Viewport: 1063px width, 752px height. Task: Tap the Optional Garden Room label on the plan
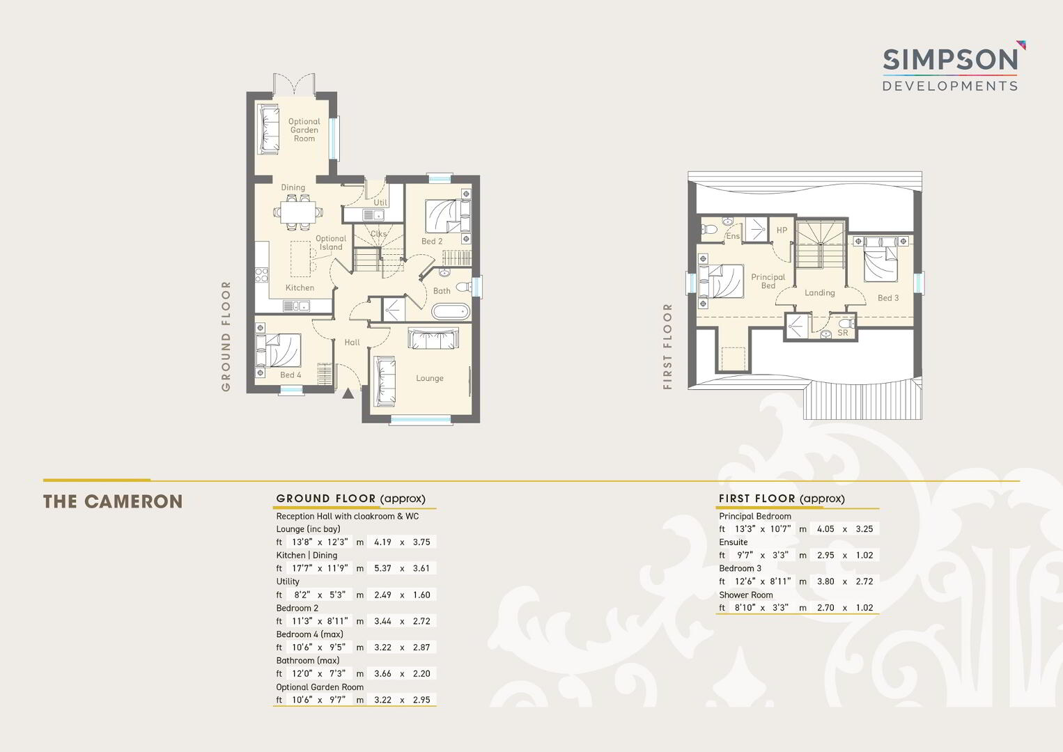[x=304, y=130]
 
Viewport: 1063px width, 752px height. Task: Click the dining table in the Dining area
[x=298, y=212]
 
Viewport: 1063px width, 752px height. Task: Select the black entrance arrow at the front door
[x=348, y=393]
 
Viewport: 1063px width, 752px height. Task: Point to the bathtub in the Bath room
[x=451, y=312]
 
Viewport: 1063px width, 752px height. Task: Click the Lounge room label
[x=430, y=378]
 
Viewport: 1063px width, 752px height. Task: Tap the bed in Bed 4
[x=279, y=350]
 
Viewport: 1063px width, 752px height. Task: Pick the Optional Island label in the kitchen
[x=331, y=243]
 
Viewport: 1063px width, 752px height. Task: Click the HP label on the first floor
[x=782, y=230]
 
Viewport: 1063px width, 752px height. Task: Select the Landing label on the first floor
[x=820, y=292]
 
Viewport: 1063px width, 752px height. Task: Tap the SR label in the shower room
[x=843, y=333]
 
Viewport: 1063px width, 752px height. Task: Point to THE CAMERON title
[x=113, y=501]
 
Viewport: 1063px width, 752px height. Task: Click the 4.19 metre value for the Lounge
[x=382, y=542]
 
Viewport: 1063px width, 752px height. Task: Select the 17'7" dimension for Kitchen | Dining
[x=301, y=568]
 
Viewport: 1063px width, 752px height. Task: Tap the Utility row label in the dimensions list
[x=288, y=581]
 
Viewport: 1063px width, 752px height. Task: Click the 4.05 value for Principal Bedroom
[x=825, y=529]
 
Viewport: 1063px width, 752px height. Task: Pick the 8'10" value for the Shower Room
[x=745, y=607]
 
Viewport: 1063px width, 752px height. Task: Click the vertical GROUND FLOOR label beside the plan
[x=226, y=336]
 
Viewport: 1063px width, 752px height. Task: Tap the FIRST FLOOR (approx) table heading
[x=782, y=499]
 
